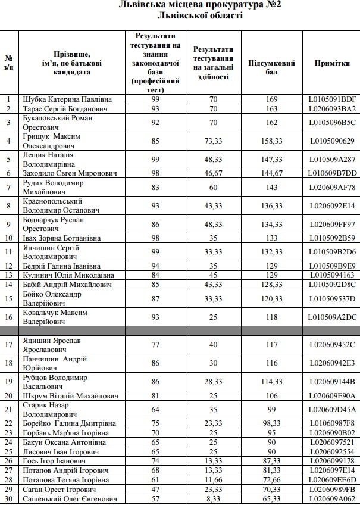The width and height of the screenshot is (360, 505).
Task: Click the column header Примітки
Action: pos(332,63)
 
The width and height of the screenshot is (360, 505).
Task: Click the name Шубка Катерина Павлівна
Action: pos(67,99)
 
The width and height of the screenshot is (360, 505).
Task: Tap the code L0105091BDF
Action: pos(332,99)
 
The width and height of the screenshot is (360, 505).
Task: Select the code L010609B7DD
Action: pos(332,173)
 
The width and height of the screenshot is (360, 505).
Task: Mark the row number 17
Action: pos(9,345)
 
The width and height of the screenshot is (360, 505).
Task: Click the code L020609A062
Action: pos(332,498)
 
